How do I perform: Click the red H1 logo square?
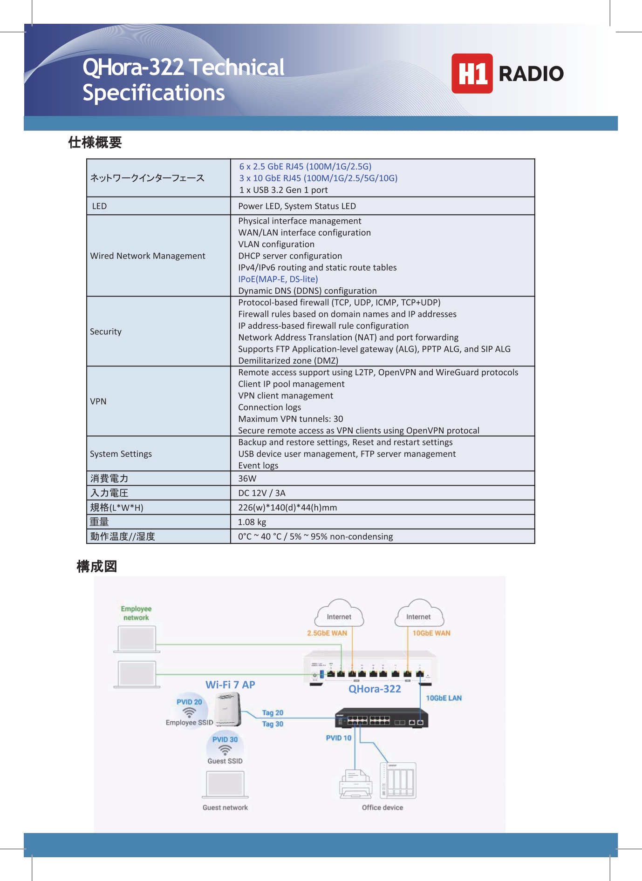click(x=471, y=74)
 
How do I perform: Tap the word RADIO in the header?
click(x=531, y=74)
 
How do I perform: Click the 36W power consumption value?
click(x=247, y=478)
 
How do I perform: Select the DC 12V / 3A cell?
click(x=262, y=493)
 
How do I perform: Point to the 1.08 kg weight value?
click(x=252, y=522)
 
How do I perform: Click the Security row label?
click(x=106, y=332)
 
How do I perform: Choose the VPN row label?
click(x=98, y=401)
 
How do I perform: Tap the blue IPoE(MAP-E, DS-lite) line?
click(x=278, y=279)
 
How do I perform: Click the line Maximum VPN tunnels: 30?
click(x=291, y=419)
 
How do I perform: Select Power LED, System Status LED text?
click(x=297, y=206)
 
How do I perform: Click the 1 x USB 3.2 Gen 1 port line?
click(x=284, y=190)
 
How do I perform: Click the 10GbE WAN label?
click(x=431, y=633)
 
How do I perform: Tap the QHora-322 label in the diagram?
click(x=375, y=689)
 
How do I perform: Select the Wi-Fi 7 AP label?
click(x=230, y=684)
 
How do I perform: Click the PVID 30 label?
click(x=225, y=739)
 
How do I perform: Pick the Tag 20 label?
click(x=273, y=713)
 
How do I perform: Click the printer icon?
click(x=355, y=784)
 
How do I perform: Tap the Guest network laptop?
click(x=225, y=785)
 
